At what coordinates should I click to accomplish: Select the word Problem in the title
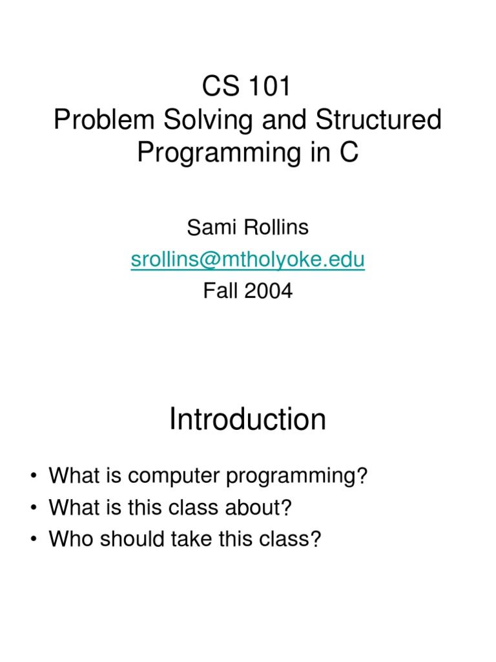click(97, 120)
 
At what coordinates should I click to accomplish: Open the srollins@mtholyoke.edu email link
click(247, 259)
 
